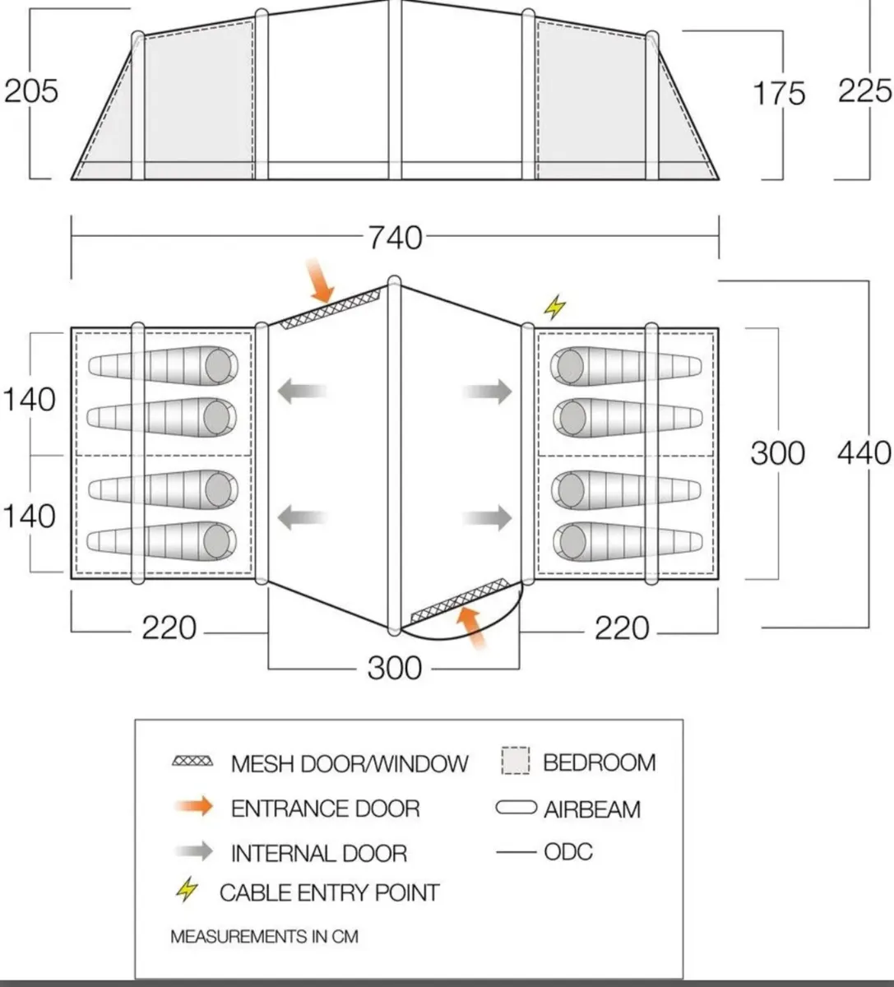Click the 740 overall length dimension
pyautogui.click(x=395, y=238)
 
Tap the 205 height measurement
pyautogui.click(x=31, y=90)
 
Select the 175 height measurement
pyautogui.click(x=779, y=93)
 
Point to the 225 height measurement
pyautogui.click(x=864, y=90)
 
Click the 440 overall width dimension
pyautogui.click(x=864, y=453)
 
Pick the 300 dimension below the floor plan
pyautogui.click(x=395, y=668)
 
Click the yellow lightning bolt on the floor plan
pyautogui.click(x=555, y=308)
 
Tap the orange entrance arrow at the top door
pyautogui.click(x=321, y=281)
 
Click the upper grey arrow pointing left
pyautogui.click(x=302, y=392)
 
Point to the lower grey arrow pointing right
pyautogui.click(x=488, y=518)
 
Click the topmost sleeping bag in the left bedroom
pyautogui.click(x=163, y=364)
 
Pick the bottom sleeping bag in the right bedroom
pyautogui.click(x=628, y=540)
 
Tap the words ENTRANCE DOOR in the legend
pyautogui.click(x=325, y=809)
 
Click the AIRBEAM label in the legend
pyautogui.click(x=591, y=809)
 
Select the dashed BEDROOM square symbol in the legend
pyautogui.click(x=516, y=761)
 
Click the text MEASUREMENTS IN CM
pyautogui.click(x=264, y=936)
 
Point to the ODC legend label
pyautogui.click(x=567, y=851)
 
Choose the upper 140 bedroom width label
pyautogui.click(x=30, y=400)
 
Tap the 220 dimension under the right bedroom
pyautogui.click(x=622, y=629)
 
